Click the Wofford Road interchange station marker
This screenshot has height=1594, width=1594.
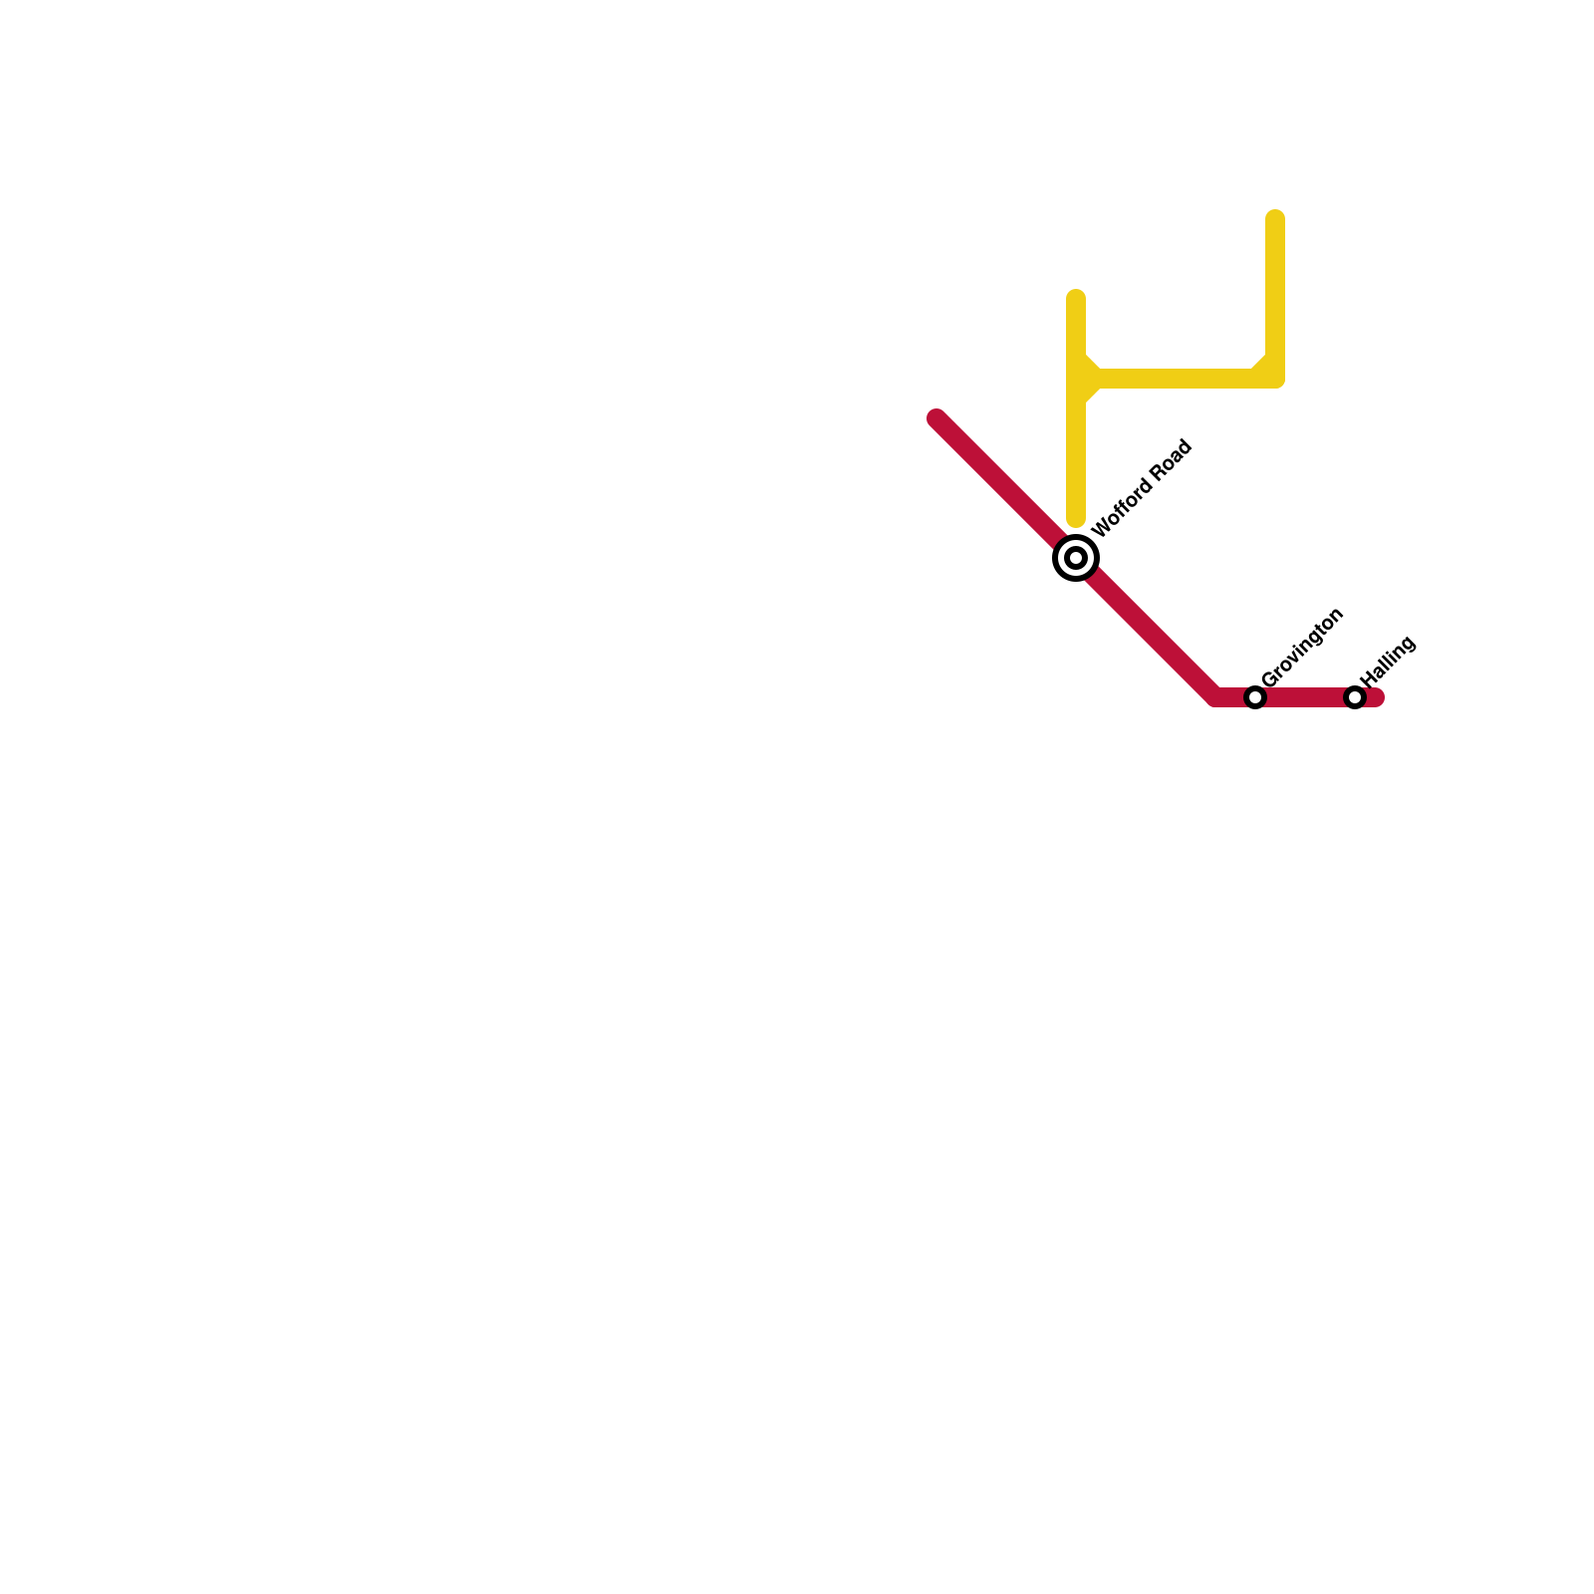(1076, 558)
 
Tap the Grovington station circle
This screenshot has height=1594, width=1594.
(1255, 697)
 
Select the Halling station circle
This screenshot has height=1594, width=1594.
(1355, 697)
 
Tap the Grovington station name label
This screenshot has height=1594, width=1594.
(1303, 647)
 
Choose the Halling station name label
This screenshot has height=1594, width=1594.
(1388, 661)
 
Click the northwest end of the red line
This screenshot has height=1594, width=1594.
(936, 418)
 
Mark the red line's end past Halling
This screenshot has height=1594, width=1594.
(1377, 697)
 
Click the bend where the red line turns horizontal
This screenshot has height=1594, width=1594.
(1215, 697)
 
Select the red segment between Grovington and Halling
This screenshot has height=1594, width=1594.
(1305, 697)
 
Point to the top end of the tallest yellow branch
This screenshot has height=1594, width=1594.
(1275, 218)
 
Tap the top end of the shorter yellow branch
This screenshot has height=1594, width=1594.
(1076, 298)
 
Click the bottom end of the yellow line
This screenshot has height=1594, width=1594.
(1076, 520)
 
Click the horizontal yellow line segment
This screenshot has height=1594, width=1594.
(1176, 379)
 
